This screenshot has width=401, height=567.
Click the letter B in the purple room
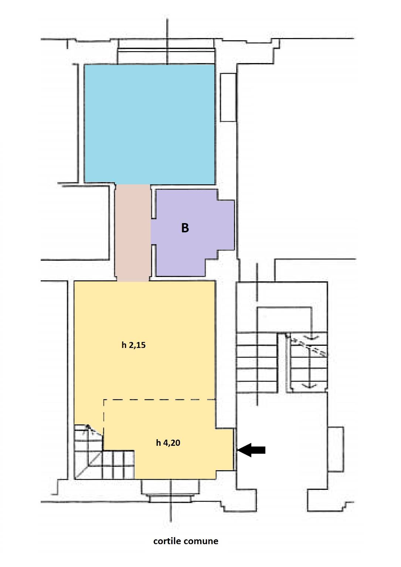185,228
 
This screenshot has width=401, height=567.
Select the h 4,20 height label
168,443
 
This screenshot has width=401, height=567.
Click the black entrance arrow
251,450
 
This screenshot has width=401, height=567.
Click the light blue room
149,124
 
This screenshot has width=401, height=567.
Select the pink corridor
132,233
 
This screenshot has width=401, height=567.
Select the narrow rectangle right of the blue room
228,98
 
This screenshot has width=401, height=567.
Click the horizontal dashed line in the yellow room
159,400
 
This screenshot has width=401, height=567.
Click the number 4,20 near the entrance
172,443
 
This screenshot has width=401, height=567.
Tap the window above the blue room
166,51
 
